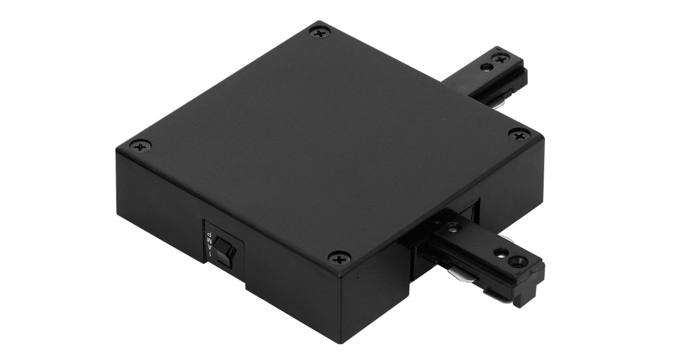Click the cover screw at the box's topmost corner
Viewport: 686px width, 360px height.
[320, 32]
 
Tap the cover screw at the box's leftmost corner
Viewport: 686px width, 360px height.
[140, 146]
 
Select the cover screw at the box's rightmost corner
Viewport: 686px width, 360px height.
[519, 135]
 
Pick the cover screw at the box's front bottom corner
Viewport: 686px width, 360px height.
[340, 258]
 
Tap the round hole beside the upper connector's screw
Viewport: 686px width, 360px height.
[486, 67]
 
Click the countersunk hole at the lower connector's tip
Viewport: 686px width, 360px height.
[520, 261]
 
